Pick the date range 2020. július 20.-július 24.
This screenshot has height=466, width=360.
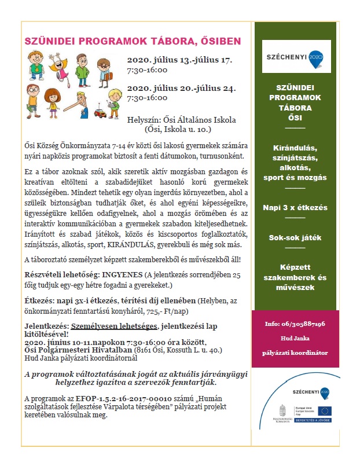point(182,89)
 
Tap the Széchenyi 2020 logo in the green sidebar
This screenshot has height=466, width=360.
point(296,57)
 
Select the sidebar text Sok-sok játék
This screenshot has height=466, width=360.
point(295,237)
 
